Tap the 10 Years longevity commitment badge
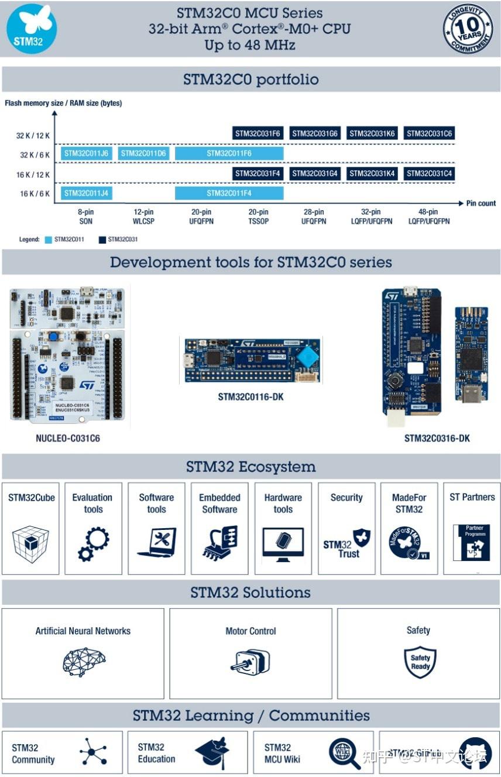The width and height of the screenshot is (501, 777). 467,29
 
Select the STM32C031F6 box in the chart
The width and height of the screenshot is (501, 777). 258,134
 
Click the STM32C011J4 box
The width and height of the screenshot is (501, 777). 86,193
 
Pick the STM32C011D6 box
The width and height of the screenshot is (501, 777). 143,153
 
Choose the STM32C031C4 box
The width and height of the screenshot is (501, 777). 429,173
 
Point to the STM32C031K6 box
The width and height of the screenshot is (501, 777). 372,134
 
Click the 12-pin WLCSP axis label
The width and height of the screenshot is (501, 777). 143,217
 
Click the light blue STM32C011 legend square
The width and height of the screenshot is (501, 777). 48,239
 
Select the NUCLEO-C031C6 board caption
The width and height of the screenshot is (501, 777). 68,438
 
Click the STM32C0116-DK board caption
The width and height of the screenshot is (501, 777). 250,397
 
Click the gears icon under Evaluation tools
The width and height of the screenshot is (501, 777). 93,544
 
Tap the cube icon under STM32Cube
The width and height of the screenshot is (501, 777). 30,544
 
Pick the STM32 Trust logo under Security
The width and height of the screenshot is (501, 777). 347,544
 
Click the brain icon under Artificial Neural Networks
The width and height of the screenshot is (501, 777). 84,661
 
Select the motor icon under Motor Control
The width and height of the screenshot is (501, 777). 250,661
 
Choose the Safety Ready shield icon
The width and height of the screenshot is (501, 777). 420,662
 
